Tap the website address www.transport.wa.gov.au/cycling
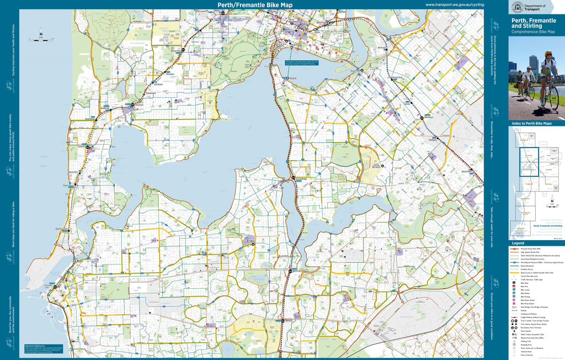pos(455,5)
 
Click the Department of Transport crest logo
pos(518,7)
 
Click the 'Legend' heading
pos(518,243)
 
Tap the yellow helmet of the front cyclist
pos(548,54)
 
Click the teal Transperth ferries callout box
pos(301,63)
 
